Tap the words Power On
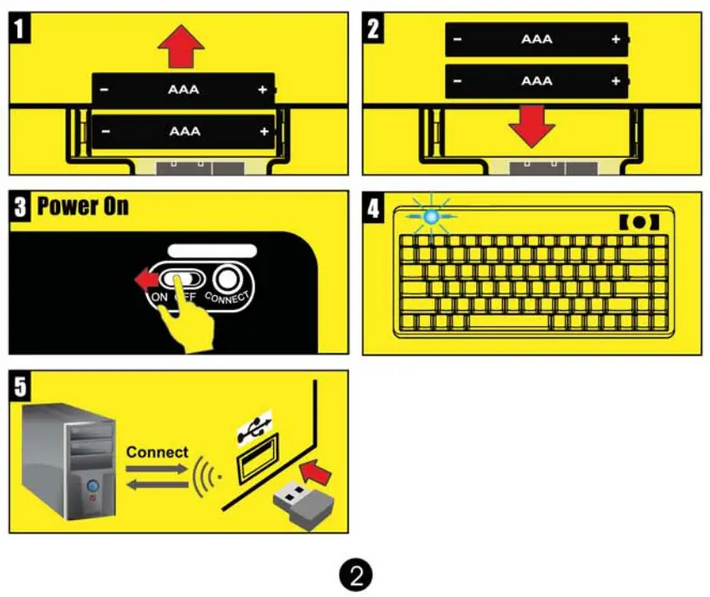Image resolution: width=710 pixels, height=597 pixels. [x=83, y=206]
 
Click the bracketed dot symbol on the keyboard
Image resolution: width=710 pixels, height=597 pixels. [x=639, y=222]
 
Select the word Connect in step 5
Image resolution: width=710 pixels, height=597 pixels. [x=157, y=452]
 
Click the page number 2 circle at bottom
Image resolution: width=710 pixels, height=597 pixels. [x=356, y=575]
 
